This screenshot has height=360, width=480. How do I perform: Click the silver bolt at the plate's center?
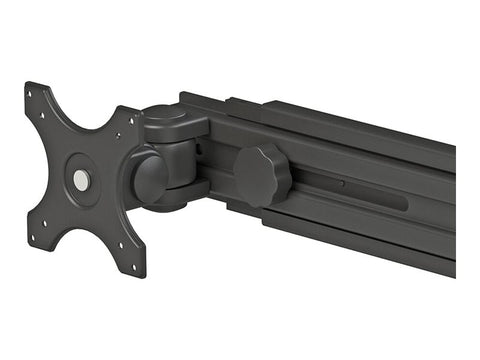point(81,180)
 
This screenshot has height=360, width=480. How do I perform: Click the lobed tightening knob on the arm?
point(263,177)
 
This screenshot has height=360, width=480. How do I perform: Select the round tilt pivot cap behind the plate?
point(151,177)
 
